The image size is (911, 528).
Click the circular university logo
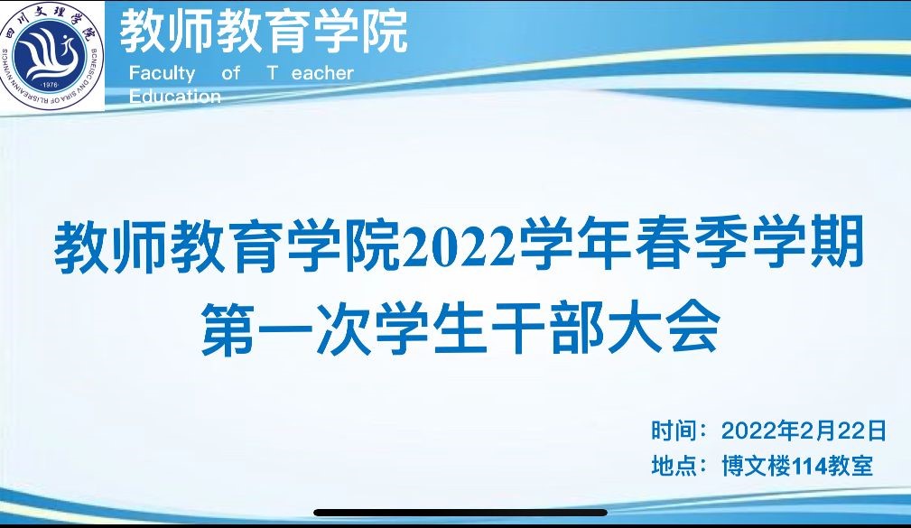pos(51,55)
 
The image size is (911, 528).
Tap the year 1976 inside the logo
pos(51,86)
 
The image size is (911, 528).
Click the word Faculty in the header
pos(163,74)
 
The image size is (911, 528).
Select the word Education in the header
pos(175,96)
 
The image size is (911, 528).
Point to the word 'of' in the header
pos(230,72)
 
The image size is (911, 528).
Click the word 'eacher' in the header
pos(322,73)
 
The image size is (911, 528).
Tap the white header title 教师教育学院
pos(264,31)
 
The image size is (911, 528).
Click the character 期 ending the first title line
pos(837,244)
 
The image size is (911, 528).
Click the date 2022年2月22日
pos(804,431)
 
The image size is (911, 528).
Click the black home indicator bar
pos(460,513)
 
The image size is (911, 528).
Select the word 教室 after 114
pos(850,465)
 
